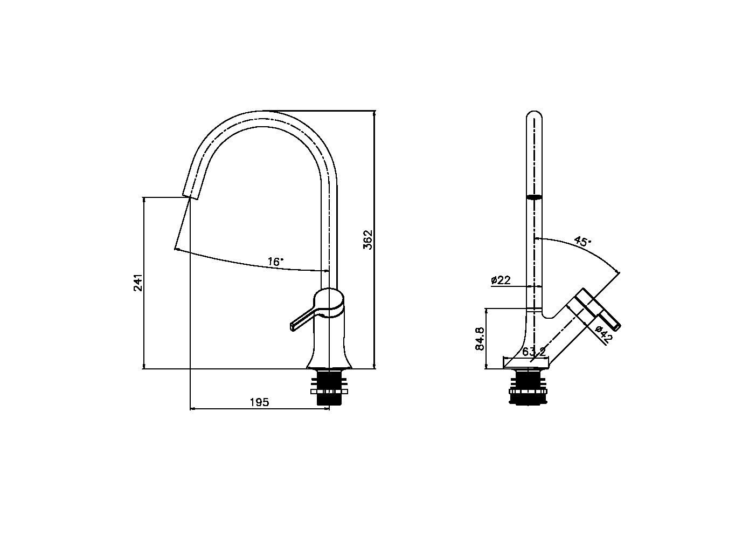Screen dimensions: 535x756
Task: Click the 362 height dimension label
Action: pos(368,240)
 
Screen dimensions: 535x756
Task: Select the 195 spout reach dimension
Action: pos(259,402)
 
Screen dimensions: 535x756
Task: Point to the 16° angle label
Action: pos(275,262)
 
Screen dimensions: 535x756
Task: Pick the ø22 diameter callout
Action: pos(501,280)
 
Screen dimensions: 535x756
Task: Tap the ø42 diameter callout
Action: pos(604,334)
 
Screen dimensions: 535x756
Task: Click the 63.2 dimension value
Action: pos(534,352)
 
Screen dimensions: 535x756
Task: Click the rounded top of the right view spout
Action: pos(534,116)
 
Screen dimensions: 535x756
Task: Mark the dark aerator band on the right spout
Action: pos(534,197)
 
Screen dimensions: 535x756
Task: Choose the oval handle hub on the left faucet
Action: pos(329,301)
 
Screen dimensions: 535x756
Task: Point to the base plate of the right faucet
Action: pos(526,363)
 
